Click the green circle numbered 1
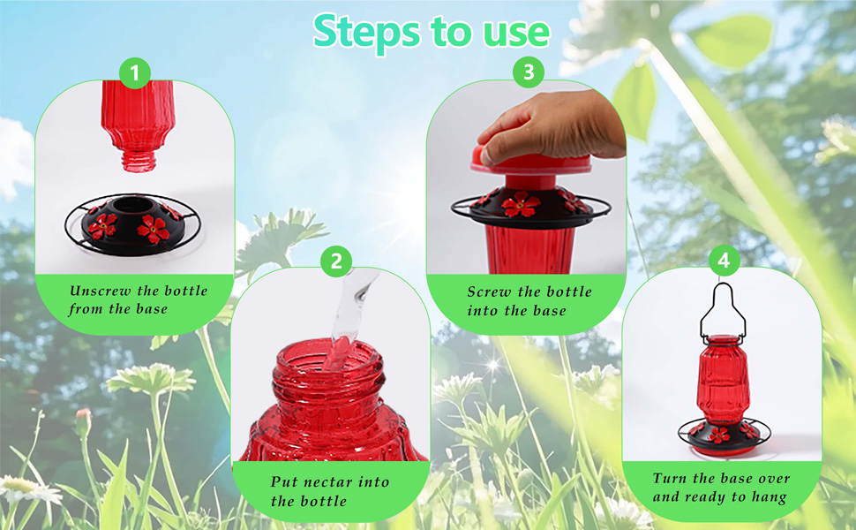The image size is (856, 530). [x=134, y=74]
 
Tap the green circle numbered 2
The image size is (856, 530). [x=335, y=261]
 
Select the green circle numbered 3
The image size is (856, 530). [x=528, y=73]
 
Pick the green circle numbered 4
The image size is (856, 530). [x=724, y=261]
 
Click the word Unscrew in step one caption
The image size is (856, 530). [x=98, y=291]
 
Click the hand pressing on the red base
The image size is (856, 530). [x=552, y=126]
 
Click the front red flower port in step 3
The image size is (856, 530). [x=522, y=205]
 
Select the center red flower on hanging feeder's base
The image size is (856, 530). [x=720, y=435]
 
